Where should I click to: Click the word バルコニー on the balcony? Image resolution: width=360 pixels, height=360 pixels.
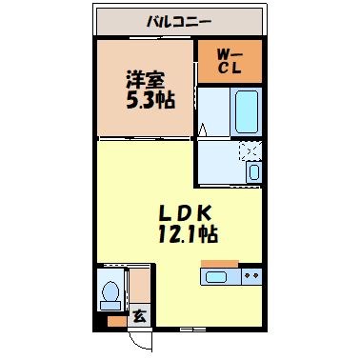(x=179, y=20)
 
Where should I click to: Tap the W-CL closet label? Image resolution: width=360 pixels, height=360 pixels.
(x=228, y=60)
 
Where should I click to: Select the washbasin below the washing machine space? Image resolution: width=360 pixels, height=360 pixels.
(x=252, y=171)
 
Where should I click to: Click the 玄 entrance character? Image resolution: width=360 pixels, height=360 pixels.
(x=139, y=318)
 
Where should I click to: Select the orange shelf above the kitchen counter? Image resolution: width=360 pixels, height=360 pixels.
(x=219, y=262)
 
